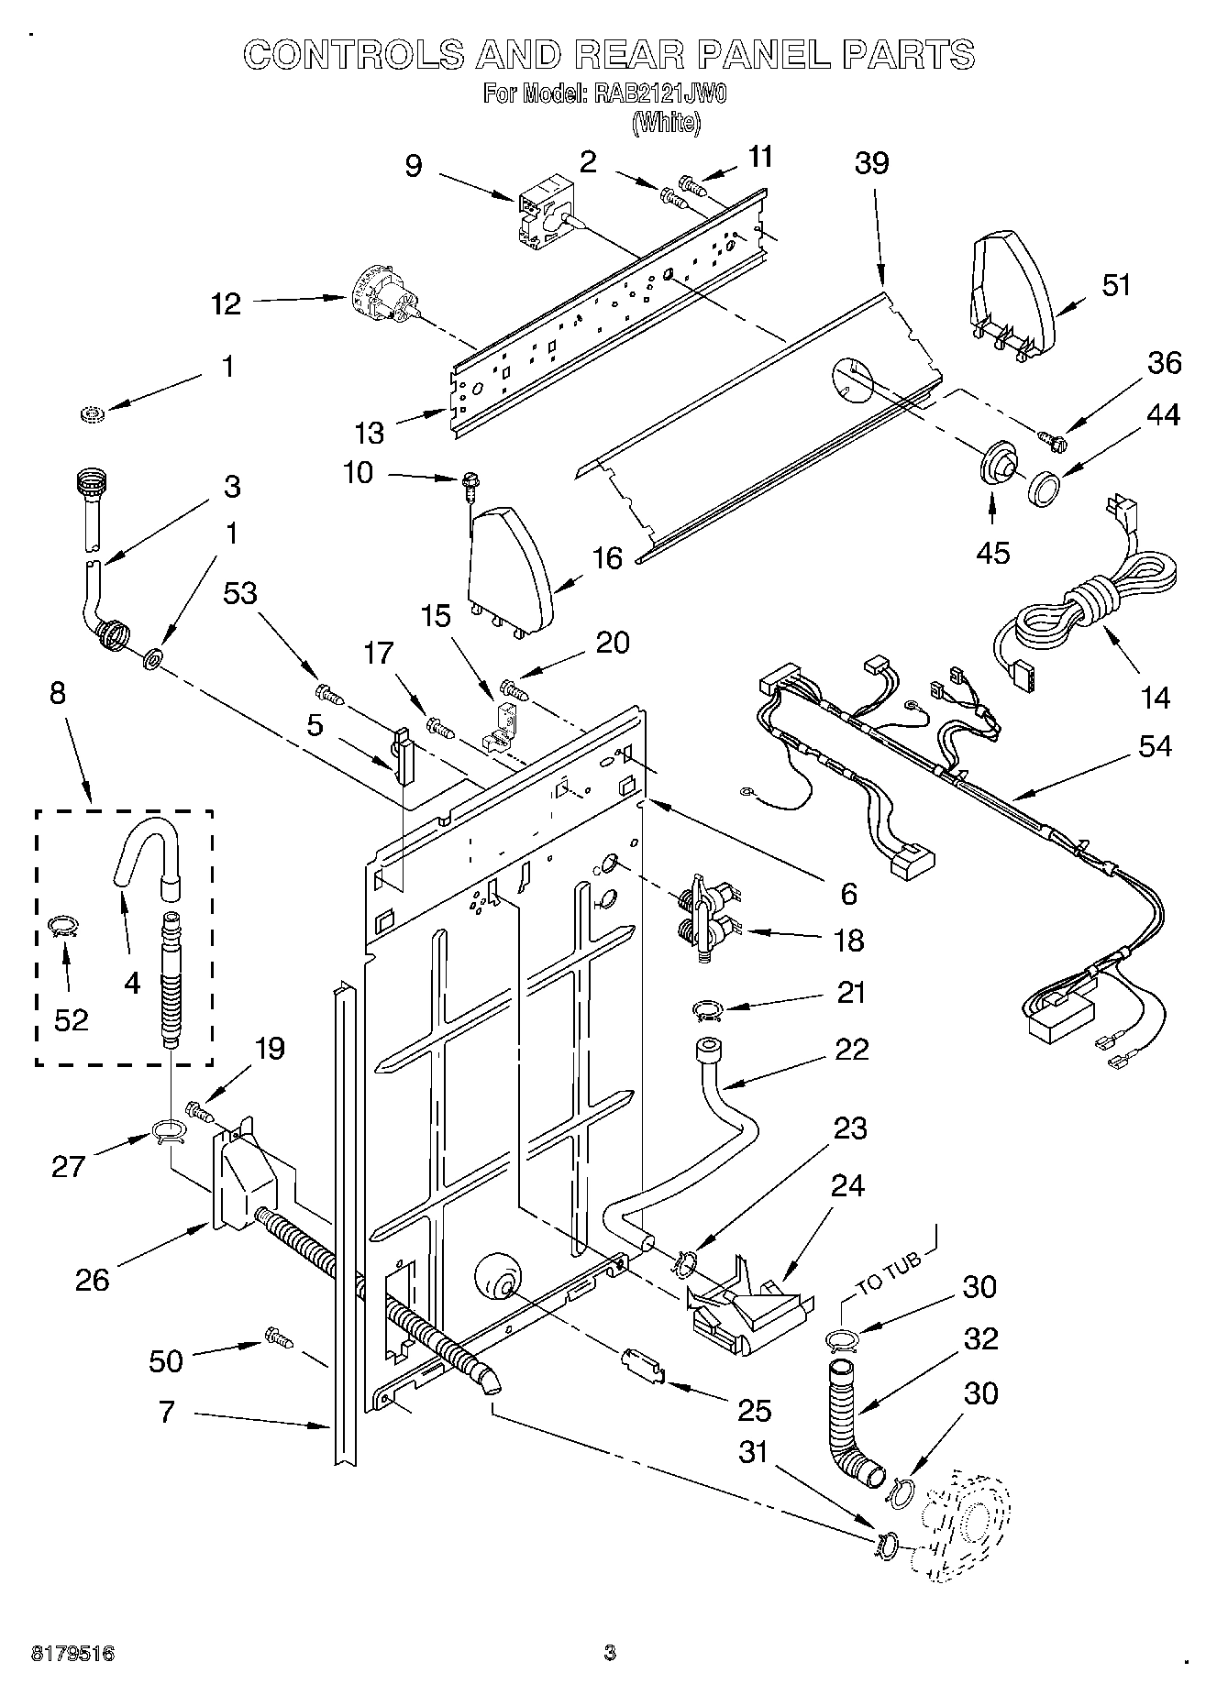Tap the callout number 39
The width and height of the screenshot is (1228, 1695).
(x=871, y=163)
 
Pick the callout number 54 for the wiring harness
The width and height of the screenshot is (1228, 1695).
(x=1154, y=746)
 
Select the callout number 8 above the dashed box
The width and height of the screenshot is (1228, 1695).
(x=57, y=693)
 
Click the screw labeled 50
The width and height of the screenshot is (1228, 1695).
(x=279, y=1337)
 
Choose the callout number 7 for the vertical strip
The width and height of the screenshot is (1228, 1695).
(x=166, y=1410)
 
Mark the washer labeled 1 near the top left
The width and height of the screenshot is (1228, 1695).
(x=94, y=415)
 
